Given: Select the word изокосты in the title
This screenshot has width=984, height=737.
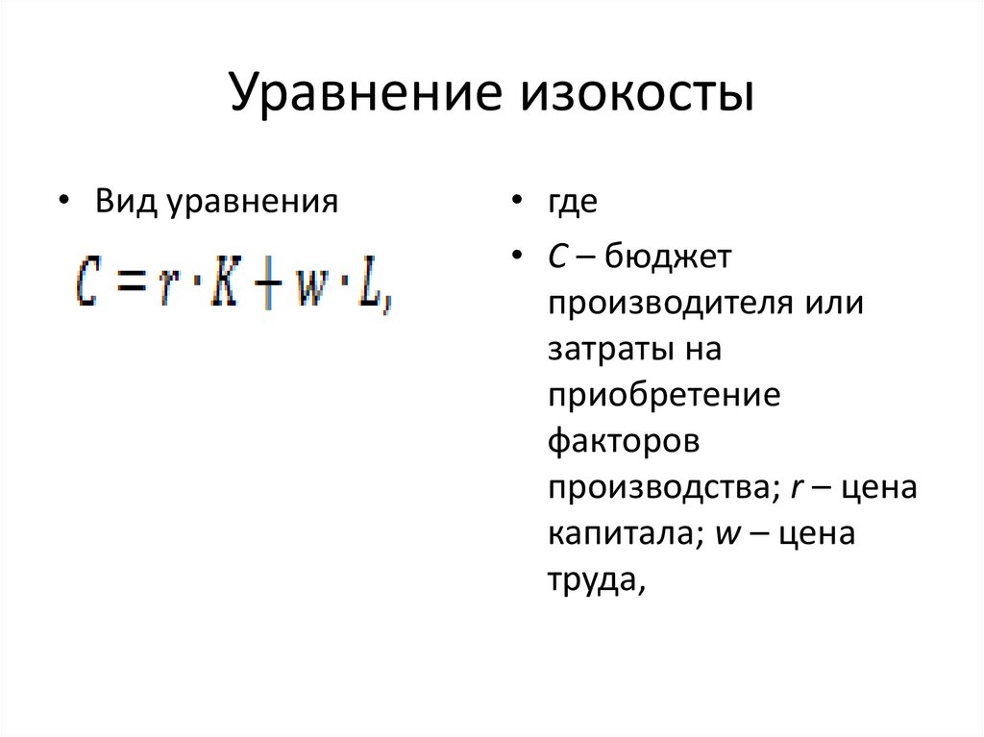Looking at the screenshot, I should pyautogui.click(x=636, y=96).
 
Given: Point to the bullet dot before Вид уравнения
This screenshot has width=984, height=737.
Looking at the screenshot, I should pyautogui.click(x=63, y=203).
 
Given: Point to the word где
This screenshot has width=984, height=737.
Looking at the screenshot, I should pyautogui.click(x=574, y=203).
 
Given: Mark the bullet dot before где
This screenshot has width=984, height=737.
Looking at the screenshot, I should pyautogui.click(x=517, y=203).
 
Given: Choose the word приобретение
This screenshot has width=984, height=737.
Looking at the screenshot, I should pyautogui.click(x=664, y=395).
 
